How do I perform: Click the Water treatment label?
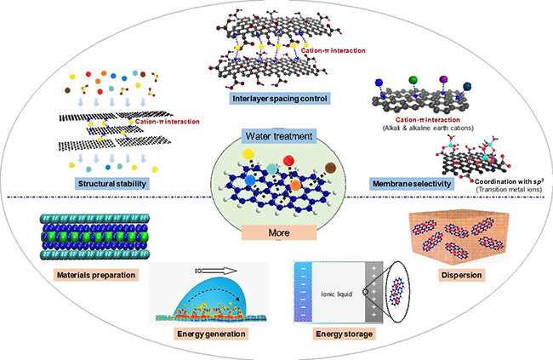[x=276, y=136]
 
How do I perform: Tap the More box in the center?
[x=276, y=230]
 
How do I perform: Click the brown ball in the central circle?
[x=330, y=167]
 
